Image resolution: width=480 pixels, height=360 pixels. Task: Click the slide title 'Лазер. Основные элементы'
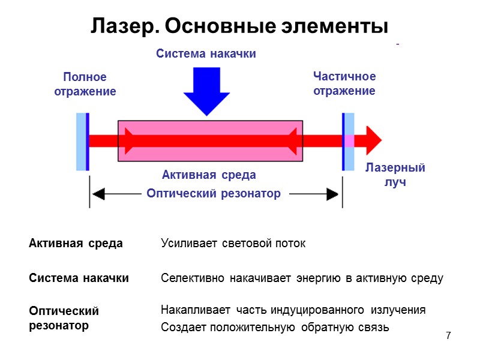pyautogui.click(x=239, y=26)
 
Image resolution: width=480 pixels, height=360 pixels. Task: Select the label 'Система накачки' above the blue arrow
pyautogui.click(x=206, y=54)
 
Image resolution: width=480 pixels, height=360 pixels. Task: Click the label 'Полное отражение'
pyautogui.click(x=89, y=84)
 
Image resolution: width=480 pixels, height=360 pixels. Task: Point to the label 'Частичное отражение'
pyautogui.click(x=344, y=83)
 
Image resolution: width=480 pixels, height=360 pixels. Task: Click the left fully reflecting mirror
pyautogui.click(x=82, y=142)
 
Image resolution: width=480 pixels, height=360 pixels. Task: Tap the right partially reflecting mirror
pyautogui.click(x=348, y=142)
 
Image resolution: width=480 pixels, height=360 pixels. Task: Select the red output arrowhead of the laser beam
pyautogui.click(x=374, y=141)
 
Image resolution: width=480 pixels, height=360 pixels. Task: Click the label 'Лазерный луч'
pyautogui.click(x=395, y=175)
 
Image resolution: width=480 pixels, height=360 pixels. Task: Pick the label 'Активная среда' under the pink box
pyautogui.click(x=209, y=175)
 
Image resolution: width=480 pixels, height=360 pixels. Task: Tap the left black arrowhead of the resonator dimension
pyautogui.click(x=98, y=194)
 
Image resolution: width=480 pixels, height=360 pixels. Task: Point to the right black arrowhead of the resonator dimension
pyautogui.click(x=333, y=194)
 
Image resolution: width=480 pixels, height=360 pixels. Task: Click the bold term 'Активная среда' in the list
pyautogui.click(x=76, y=244)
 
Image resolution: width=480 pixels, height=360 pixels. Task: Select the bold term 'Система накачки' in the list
pyautogui.click(x=79, y=278)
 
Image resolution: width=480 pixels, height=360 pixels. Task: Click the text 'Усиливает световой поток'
pyautogui.click(x=233, y=244)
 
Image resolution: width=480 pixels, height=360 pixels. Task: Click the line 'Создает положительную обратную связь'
pyautogui.click(x=275, y=328)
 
